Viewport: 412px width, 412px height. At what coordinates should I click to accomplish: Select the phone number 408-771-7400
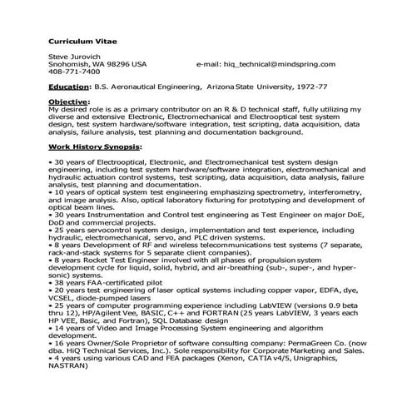[72, 72]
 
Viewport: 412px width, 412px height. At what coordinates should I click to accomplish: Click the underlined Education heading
[69, 86]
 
